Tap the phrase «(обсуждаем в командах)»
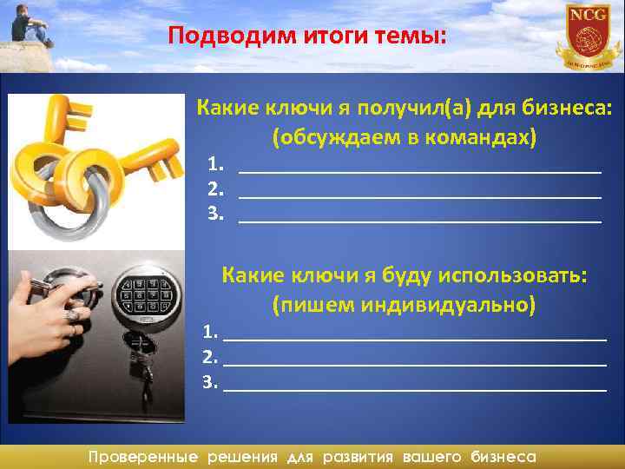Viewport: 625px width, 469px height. (x=405, y=137)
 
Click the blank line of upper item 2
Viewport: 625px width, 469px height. (x=419, y=196)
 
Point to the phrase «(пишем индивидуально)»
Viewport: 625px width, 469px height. (x=404, y=305)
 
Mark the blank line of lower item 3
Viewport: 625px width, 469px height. (x=414, y=390)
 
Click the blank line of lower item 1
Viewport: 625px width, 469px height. (x=414, y=338)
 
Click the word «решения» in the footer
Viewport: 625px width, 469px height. (x=242, y=456)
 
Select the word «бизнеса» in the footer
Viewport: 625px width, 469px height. (x=503, y=456)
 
